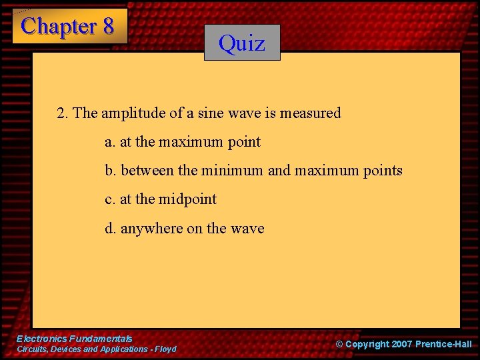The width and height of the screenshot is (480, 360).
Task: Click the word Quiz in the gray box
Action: (242, 43)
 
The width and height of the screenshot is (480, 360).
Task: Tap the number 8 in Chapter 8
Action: (107, 26)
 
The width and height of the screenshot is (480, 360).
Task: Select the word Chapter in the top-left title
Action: (59, 26)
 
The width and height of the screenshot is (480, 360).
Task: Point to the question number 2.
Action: (62, 113)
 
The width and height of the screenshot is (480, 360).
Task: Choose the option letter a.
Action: (109, 142)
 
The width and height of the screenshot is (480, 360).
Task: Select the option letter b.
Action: (109, 171)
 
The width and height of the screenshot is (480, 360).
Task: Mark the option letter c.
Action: (109, 199)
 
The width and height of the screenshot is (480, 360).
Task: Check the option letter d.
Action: (109, 229)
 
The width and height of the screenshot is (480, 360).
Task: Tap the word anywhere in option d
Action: (151, 229)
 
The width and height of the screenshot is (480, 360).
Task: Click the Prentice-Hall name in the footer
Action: (443, 345)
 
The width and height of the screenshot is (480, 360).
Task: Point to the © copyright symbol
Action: (339, 345)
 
